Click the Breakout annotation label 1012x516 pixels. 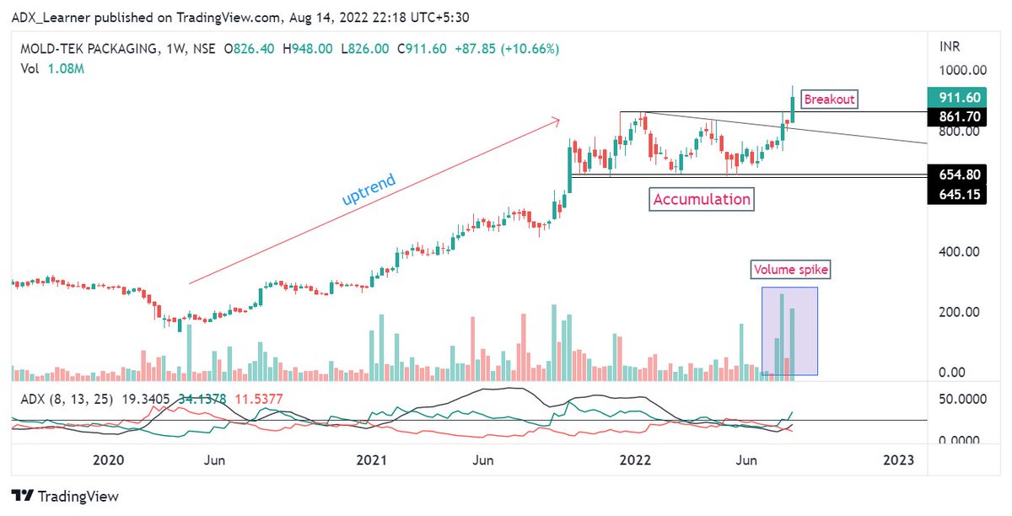click(829, 99)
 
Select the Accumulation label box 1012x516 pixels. click(701, 200)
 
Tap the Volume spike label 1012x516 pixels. click(791, 271)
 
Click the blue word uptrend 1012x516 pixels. click(369, 191)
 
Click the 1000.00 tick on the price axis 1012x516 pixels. click(963, 71)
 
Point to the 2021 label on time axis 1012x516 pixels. click(371, 460)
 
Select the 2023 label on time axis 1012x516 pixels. click(898, 460)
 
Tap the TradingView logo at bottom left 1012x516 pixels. click(66, 497)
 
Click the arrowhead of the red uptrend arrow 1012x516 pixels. click(557, 121)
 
